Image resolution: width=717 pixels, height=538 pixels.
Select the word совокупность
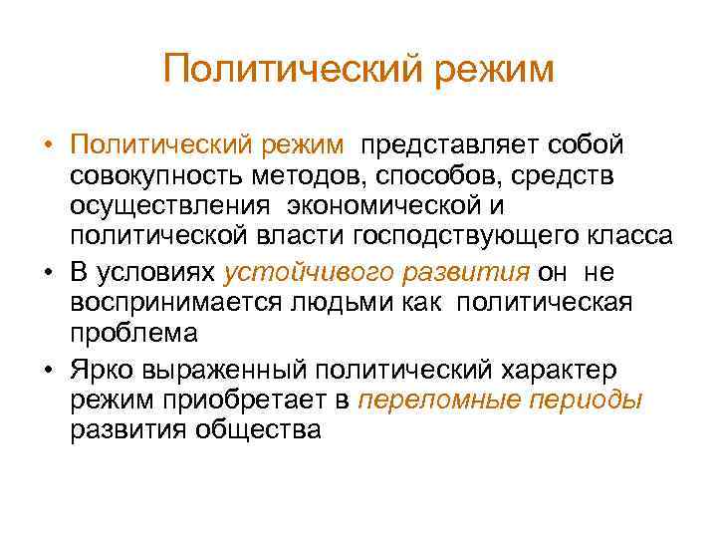coord(164,176)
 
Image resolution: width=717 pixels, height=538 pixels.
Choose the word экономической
coord(386,206)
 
